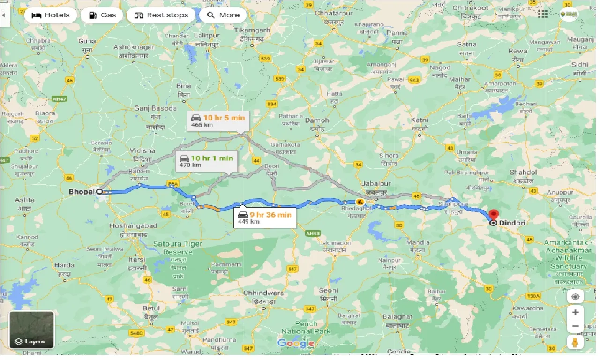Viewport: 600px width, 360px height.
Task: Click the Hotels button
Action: tap(50, 15)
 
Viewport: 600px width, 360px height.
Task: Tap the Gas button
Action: tap(102, 15)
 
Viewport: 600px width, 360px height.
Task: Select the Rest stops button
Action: tap(161, 15)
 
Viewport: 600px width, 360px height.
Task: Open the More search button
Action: tap(223, 15)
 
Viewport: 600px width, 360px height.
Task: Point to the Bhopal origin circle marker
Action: tap(99, 191)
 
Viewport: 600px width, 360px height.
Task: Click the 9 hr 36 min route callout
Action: tap(265, 217)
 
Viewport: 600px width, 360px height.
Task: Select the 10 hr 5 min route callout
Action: tap(217, 121)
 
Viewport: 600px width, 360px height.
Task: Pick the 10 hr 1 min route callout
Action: tap(206, 161)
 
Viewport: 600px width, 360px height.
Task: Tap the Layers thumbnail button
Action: tap(32, 330)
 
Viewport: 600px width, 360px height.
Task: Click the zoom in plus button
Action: tap(575, 312)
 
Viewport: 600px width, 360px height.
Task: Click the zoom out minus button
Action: tap(575, 326)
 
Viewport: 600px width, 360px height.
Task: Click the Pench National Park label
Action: tap(306, 327)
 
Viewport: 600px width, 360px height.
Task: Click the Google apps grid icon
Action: tap(543, 14)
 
